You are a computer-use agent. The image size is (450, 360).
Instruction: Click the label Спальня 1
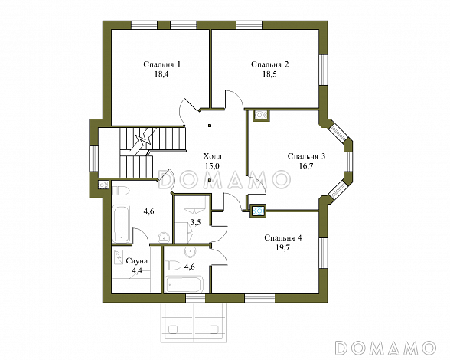pos(162,64)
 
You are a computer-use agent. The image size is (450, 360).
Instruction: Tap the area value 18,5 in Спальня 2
pos(269,74)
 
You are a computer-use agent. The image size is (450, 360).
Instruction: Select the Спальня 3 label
pos(306,156)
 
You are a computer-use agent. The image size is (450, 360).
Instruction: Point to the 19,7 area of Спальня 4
pos(283,247)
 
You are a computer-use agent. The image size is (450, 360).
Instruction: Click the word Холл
pos(213,156)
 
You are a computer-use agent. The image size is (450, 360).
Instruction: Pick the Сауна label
pos(137,261)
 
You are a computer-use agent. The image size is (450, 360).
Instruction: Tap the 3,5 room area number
pos(195,222)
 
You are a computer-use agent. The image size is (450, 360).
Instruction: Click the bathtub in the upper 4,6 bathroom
pos(121,224)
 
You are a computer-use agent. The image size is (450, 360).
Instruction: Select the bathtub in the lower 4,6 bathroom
pos(184,284)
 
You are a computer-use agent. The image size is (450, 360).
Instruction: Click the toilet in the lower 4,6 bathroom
pos(173,266)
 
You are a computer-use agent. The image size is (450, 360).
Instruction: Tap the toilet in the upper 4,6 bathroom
pos(121,191)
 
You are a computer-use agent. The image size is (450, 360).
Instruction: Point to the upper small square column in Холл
pos(210,126)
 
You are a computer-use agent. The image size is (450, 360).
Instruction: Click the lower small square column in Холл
pos(210,180)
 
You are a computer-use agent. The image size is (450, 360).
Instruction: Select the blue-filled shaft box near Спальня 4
pos(258,211)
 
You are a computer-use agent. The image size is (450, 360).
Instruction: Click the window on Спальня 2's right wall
pos(324,70)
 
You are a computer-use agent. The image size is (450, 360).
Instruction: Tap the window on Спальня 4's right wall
pos(324,253)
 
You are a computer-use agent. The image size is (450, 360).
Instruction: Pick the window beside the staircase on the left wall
pos(93,159)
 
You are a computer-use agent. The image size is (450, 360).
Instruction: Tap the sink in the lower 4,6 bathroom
pos(190,252)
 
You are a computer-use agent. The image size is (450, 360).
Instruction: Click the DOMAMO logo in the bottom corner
pos(385,347)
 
